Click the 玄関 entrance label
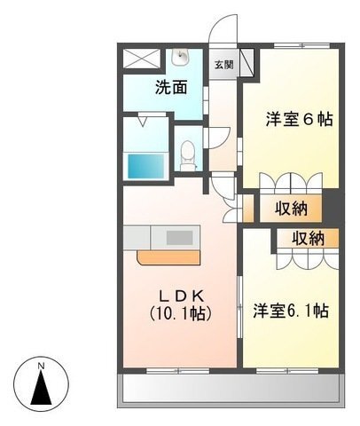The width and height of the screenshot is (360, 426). tap(224, 65)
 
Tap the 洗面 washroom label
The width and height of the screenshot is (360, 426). tap(171, 88)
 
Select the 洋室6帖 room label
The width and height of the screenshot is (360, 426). tap(299, 119)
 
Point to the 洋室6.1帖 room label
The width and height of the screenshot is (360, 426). tap(291, 311)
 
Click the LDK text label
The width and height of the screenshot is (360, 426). tap(181, 296)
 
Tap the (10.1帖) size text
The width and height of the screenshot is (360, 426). tap(180, 313)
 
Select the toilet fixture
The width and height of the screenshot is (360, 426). tap(187, 155)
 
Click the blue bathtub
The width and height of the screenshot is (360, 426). tap(145, 166)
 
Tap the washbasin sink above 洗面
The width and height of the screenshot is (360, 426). tap(180, 57)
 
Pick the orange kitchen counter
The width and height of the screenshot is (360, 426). tap(168, 257)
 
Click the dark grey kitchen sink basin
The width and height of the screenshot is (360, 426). tap(180, 238)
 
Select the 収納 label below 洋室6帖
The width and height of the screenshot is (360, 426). tap(292, 209)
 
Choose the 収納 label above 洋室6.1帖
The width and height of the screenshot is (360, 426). tap(309, 239)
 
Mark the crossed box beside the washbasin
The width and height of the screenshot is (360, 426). tap(142, 59)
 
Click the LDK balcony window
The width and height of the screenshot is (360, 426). tap(178, 370)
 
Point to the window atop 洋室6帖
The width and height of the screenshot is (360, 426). tap(301, 46)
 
